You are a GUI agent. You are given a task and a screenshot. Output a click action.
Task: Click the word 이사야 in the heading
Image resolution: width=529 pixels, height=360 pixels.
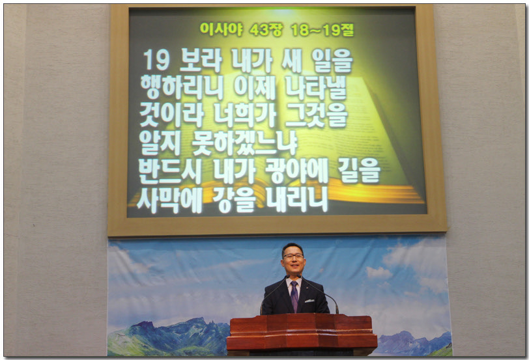pos(222,29)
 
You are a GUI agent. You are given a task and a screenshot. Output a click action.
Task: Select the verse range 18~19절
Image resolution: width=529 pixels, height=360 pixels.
pos(322,30)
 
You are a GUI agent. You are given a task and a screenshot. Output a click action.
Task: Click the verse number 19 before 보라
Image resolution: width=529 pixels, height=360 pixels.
pos(156,61)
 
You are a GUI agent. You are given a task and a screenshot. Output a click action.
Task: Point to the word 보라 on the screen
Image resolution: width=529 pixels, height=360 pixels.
pos(201,61)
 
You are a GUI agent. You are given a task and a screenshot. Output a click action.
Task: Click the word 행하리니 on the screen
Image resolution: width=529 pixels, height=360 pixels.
pos(182,88)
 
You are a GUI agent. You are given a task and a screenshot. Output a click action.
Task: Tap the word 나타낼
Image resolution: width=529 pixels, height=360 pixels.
pos(316,88)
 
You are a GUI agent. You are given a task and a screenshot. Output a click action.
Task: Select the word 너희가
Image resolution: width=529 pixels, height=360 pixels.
pos(245,115)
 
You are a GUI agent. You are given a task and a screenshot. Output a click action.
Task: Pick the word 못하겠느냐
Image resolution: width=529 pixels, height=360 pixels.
pos(245,143)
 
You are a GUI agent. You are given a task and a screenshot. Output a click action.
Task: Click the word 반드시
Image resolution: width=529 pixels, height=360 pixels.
pos(171,171)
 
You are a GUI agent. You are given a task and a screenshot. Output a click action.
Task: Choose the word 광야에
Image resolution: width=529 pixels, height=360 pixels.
pos(297,171)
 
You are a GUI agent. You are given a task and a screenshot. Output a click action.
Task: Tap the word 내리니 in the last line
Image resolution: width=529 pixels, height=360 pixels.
pos(297,201)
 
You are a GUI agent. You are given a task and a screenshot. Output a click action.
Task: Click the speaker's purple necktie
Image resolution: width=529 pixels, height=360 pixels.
pos(294,297)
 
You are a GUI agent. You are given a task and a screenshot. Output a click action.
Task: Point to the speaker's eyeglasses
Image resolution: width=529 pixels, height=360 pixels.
pos(293,256)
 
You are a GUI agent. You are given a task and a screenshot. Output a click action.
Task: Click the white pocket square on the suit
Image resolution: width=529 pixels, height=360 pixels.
pos(309,301)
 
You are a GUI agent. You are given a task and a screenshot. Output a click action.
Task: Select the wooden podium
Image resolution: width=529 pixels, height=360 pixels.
pos(302,335)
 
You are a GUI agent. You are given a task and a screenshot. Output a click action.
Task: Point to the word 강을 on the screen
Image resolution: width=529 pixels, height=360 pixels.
pos(235,201)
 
